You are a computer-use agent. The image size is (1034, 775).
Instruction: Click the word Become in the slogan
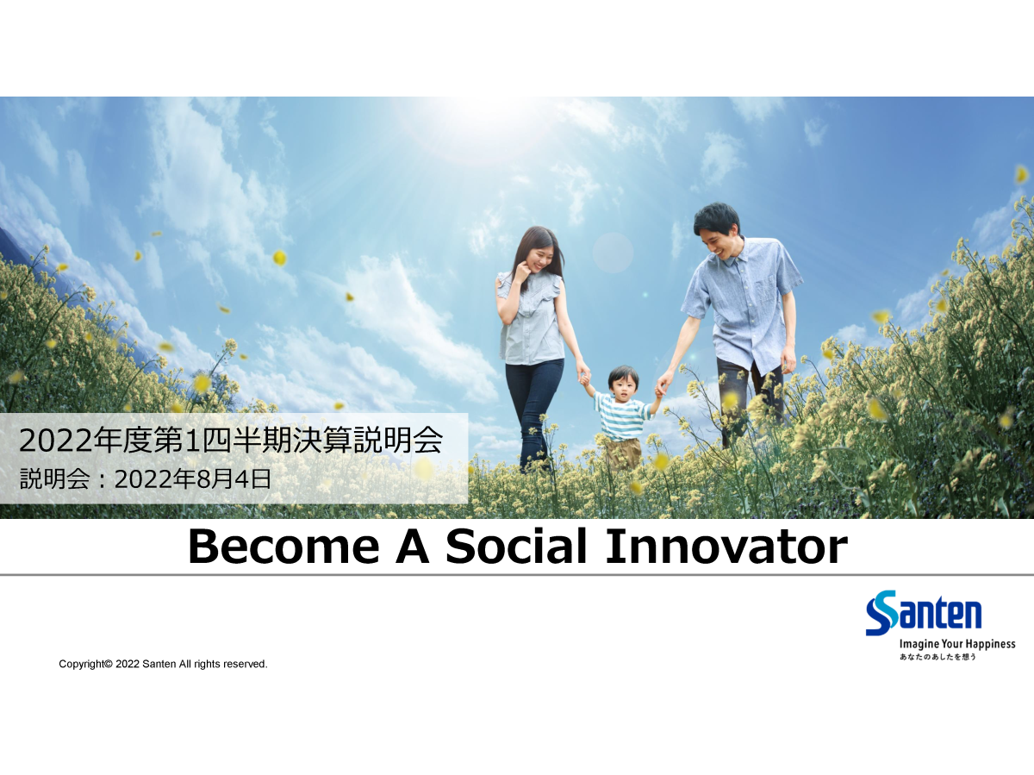click(x=284, y=547)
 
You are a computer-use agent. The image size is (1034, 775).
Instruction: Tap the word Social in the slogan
click(x=516, y=547)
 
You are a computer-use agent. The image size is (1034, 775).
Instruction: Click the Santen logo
click(x=924, y=612)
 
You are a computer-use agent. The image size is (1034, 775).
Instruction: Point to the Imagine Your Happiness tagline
click(x=957, y=644)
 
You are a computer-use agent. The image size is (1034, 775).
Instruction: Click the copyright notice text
click(x=163, y=664)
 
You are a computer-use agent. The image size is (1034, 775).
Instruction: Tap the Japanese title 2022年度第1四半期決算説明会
click(x=231, y=441)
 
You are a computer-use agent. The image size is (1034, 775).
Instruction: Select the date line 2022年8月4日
click(x=193, y=479)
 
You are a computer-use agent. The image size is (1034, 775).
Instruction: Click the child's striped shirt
click(x=622, y=417)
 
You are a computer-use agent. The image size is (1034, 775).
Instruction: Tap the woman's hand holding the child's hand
click(x=583, y=373)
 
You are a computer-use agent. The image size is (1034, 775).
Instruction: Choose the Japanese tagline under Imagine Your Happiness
click(x=937, y=657)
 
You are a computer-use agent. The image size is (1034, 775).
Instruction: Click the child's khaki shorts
click(x=623, y=453)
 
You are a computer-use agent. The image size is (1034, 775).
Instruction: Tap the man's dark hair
click(x=716, y=217)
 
